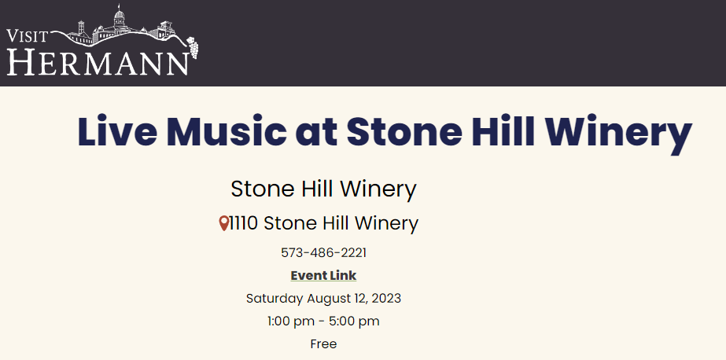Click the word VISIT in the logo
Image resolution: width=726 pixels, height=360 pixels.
coord(28,37)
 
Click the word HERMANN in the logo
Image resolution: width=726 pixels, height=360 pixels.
coord(98,62)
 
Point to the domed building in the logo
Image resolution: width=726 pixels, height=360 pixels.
coord(119,19)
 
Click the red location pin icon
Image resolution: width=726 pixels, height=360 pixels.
coord(224,223)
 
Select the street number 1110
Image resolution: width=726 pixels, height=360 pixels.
coord(244,223)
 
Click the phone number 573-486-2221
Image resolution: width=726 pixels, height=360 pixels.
coord(323,252)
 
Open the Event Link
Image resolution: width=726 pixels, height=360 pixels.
coord(323,275)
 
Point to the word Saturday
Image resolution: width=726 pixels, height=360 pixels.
coord(274,299)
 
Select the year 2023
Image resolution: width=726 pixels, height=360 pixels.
coord(386,299)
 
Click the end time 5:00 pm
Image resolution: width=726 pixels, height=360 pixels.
coord(354,321)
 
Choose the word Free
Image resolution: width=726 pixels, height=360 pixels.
coord(323,343)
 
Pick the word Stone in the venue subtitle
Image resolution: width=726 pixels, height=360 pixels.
coord(263,189)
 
